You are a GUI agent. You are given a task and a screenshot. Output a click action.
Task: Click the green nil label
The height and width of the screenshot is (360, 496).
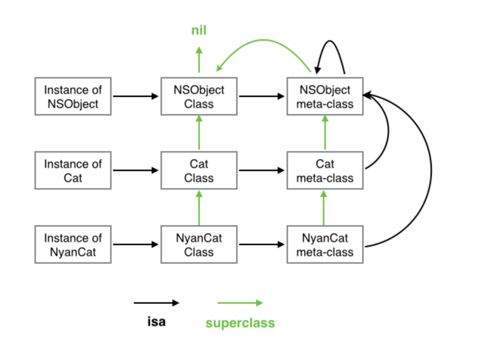tap(199, 30)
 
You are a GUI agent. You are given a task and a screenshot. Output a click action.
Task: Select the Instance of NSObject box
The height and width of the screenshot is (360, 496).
tap(73, 97)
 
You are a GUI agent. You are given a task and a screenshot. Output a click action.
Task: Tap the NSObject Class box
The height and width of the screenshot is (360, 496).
tap(199, 97)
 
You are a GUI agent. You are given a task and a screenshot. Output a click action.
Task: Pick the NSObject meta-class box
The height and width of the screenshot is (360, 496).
tap(325, 97)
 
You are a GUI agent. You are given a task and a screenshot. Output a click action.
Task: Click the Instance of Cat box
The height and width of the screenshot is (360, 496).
tap(73, 171)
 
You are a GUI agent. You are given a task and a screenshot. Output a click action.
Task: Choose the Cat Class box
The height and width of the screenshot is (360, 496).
tap(199, 171)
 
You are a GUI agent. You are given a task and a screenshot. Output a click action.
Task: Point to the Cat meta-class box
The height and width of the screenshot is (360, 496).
tap(325, 171)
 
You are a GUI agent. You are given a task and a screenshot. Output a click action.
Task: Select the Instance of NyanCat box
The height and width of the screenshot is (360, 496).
tap(73, 245)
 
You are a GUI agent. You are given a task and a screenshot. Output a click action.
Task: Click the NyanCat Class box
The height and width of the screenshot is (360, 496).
tap(199, 245)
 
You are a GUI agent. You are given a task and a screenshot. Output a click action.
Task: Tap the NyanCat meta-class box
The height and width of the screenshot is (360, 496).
tap(325, 245)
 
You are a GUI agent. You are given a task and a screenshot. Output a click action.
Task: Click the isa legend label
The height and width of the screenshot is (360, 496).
tap(156, 321)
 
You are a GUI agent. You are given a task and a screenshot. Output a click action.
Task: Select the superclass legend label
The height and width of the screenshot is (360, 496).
tap(240, 323)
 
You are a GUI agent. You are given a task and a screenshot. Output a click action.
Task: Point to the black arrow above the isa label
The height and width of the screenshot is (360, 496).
tap(156, 303)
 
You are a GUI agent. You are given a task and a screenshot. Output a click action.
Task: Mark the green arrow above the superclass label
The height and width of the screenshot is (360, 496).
tap(240, 303)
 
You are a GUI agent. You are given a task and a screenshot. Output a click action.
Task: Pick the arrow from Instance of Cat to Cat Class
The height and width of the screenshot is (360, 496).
tap(135, 170)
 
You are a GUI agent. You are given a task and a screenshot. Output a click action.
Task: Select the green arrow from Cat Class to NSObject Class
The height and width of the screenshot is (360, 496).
tap(199, 133)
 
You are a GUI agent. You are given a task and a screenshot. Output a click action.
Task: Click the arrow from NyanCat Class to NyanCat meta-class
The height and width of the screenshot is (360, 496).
tap(261, 244)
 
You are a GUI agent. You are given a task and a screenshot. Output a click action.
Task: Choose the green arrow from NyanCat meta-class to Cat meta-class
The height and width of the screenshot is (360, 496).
tap(324, 208)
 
